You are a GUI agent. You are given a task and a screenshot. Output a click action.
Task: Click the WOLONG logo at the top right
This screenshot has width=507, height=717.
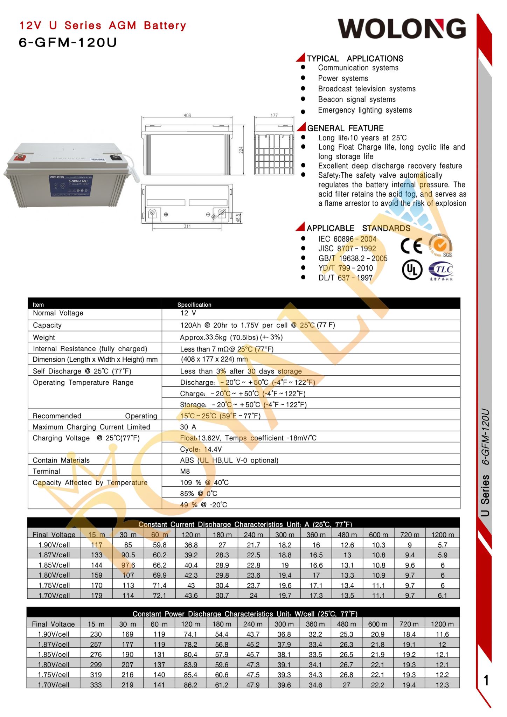click(402, 29)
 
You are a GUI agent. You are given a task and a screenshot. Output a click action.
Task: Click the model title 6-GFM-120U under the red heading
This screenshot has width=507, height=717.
click(68, 42)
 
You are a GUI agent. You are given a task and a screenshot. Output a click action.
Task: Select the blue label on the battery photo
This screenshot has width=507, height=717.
click(71, 185)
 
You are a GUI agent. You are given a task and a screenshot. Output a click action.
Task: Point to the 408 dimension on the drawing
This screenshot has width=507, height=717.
click(187, 115)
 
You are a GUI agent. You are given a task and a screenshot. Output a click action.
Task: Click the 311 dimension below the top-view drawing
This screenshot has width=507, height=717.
click(187, 227)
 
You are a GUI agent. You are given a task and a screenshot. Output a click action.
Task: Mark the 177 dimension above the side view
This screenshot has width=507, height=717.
click(274, 115)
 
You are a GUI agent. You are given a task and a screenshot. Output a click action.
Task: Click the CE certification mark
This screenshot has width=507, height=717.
click(411, 246)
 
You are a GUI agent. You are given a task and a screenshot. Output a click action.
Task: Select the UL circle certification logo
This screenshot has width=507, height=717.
click(412, 270)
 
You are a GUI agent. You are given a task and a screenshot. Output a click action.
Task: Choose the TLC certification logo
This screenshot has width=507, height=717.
click(441, 271)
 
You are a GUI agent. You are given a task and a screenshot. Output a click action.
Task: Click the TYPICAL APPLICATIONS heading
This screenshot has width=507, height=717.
click(355, 58)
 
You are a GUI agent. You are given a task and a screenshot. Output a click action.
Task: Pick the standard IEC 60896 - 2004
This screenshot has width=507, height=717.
click(347, 239)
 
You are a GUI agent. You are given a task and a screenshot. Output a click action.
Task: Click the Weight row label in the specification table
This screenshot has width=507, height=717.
click(44, 337)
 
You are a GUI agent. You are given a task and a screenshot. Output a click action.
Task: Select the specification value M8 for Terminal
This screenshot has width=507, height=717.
click(185, 472)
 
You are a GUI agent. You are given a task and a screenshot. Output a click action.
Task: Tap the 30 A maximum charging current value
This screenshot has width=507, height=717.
click(188, 427)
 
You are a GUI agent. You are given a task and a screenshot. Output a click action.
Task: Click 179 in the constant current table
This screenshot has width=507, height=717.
click(97, 596)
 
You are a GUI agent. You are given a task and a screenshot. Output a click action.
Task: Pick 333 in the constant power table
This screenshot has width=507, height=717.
click(96, 685)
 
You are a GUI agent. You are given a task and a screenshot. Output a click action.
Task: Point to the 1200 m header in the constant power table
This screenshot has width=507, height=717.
click(442, 624)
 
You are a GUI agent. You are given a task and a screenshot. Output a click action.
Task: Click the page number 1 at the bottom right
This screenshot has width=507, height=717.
click(486, 680)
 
